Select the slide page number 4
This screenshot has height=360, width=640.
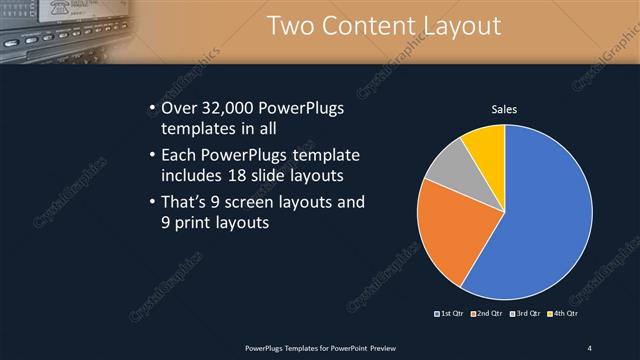click(x=589, y=347)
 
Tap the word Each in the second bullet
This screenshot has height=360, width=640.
click(x=181, y=155)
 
